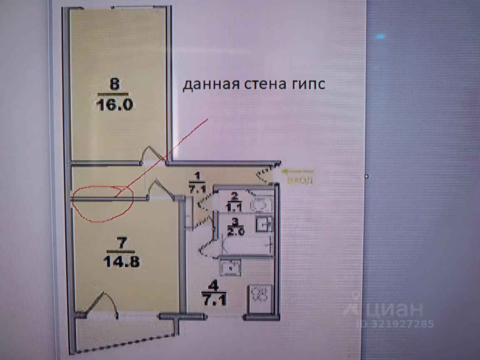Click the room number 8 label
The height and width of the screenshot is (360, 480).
tap(114, 84)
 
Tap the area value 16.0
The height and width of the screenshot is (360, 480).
tap(114, 104)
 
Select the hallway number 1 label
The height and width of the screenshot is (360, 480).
tap(197, 176)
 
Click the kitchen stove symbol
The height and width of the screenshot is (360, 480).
tap(259, 296)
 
